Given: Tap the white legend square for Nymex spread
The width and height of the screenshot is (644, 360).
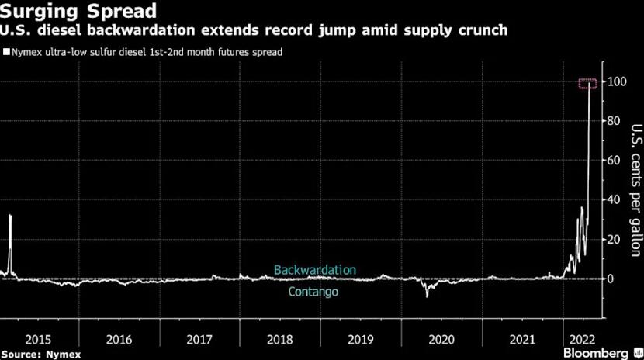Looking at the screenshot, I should tap(5, 53).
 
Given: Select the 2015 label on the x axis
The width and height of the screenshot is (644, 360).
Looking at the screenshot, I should tap(38, 339).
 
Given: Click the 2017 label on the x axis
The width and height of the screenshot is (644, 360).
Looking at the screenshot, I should tap(199, 339).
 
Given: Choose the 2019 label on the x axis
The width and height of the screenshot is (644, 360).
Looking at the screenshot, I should tap(360, 339).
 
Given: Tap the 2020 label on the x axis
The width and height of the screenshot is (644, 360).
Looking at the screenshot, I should tap(441, 339).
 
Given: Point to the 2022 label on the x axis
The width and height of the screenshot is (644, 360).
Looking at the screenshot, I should tap(582, 339).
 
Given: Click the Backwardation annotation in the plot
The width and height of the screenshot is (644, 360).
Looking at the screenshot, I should tap(314, 270).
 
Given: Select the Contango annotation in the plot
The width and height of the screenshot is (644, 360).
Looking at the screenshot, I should tap(313, 292).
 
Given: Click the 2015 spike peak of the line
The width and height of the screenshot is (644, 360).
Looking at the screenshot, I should tap(10, 216).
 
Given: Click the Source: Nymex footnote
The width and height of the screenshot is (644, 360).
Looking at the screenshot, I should tap(35, 353).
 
